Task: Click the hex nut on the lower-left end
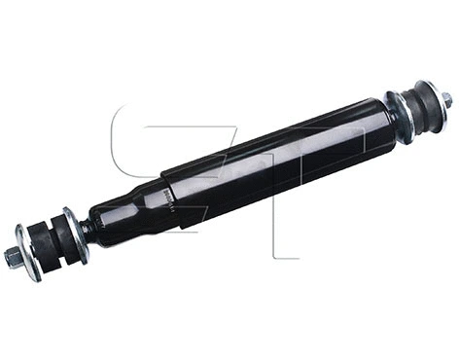pos(12,257)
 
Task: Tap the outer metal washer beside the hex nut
pos(26,252)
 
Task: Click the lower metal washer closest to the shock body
pos(74,234)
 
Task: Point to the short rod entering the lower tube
pos(86,229)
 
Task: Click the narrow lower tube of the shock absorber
pos(126,209)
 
